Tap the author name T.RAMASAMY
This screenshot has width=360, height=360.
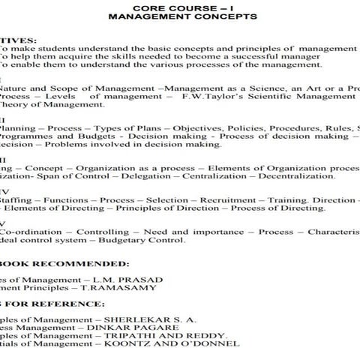[126, 287]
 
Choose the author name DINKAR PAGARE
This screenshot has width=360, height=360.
[125, 326]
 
